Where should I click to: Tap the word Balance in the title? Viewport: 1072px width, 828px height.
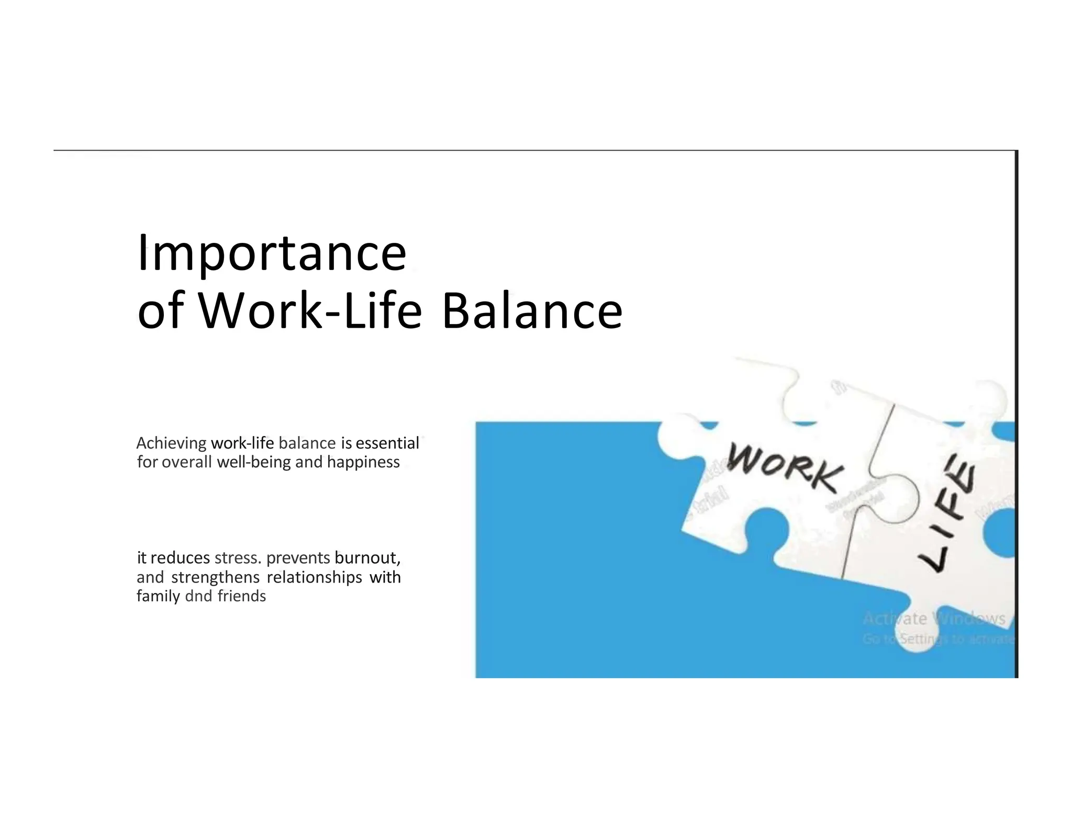(x=532, y=311)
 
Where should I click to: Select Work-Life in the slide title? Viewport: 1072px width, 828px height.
(x=310, y=311)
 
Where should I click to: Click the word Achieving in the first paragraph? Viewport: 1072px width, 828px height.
(x=171, y=443)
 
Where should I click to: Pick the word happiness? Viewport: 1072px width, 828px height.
(x=363, y=462)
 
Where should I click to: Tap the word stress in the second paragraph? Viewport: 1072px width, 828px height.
(x=237, y=558)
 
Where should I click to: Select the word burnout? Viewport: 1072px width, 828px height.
(x=367, y=558)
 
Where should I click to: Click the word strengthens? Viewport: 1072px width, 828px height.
(x=215, y=577)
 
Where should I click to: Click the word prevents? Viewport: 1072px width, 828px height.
(x=298, y=558)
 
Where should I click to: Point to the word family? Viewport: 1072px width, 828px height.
(x=158, y=596)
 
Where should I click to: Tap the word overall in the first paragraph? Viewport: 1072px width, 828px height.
(x=187, y=462)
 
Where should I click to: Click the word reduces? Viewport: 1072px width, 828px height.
(x=180, y=558)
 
